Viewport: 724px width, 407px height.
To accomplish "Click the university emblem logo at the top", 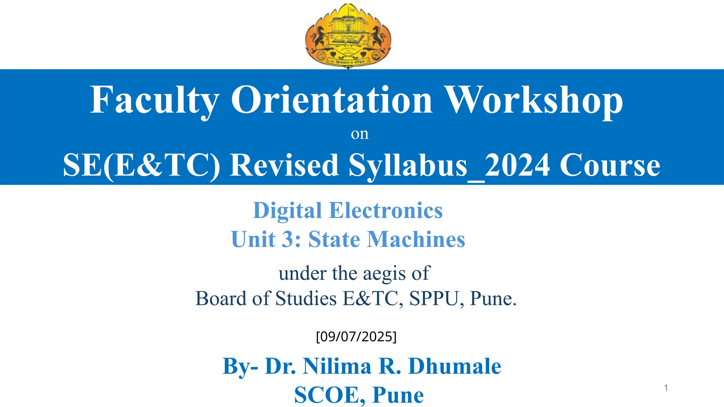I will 348,35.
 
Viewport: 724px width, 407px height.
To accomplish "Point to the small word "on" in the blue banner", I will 360,134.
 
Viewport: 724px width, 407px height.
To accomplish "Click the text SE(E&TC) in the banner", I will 141,165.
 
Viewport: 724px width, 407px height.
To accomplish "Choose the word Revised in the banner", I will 284,165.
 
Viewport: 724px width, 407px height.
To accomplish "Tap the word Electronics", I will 386,211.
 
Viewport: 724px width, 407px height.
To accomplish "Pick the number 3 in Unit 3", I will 287,240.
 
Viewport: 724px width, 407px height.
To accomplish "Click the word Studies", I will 306,299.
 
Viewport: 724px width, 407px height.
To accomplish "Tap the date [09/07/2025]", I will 356,337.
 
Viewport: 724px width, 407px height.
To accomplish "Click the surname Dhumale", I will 455,366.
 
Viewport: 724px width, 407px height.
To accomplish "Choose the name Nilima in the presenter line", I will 337,366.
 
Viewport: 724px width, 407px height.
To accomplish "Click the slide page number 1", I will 666,388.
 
